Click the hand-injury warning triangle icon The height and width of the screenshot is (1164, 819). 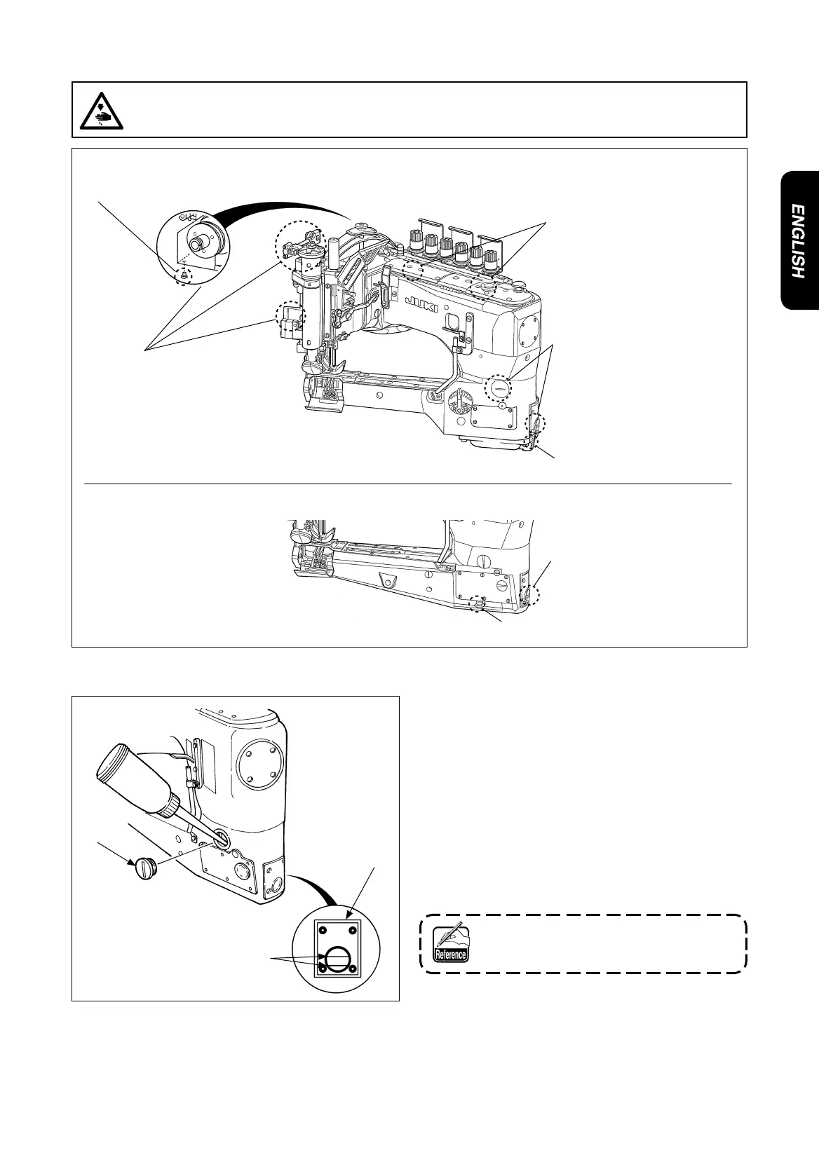pyautogui.click(x=102, y=110)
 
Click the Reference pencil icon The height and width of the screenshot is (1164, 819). pyautogui.click(x=450, y=943)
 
